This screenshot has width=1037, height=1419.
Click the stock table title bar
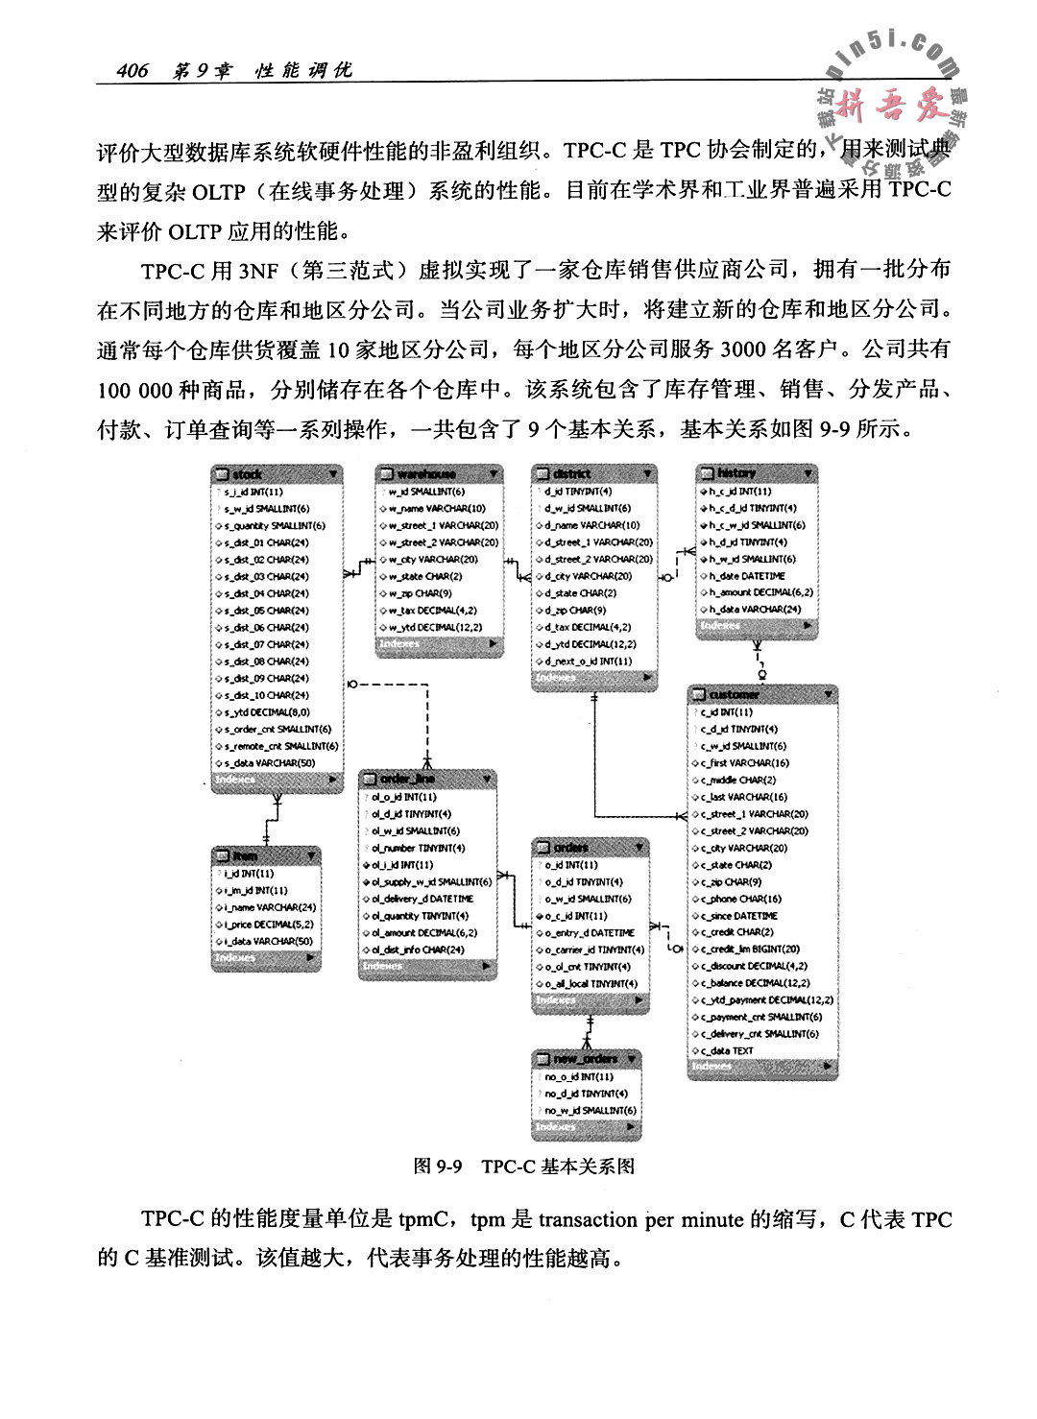point(276,474)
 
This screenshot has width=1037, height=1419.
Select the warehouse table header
point(439,474)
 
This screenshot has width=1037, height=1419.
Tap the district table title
point(594,473)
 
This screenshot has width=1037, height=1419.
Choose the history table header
point(757,473)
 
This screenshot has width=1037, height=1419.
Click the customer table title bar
point(761,694)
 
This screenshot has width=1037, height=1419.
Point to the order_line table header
point(427,779)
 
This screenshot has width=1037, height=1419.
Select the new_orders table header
point(587,1059)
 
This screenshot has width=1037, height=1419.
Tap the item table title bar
point(266,855)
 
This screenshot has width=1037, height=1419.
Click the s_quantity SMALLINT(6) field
point(275,525)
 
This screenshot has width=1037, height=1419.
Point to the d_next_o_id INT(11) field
point(589,661)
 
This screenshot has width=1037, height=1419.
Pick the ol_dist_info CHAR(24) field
point(418,950)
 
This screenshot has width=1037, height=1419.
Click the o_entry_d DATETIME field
point(590,932)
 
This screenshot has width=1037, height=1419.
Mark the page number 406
point(130,71)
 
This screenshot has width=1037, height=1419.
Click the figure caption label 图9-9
point(438,1166)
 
